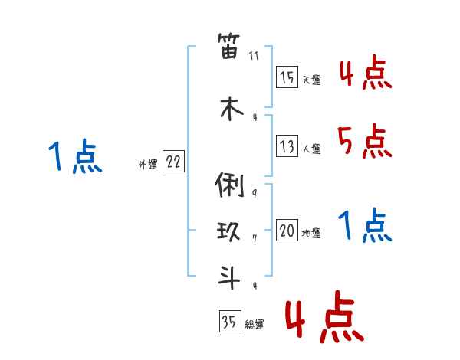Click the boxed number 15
coord(287,78)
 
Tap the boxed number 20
coord(287,231)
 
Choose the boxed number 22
coord(174,162)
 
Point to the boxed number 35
coord(229,322)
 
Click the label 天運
coord(311,80)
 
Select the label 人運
coord(311,149)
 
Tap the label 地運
coord(311,233)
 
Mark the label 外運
coord(148,164)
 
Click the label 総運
coord(255,324)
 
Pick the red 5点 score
coord(364,141)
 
